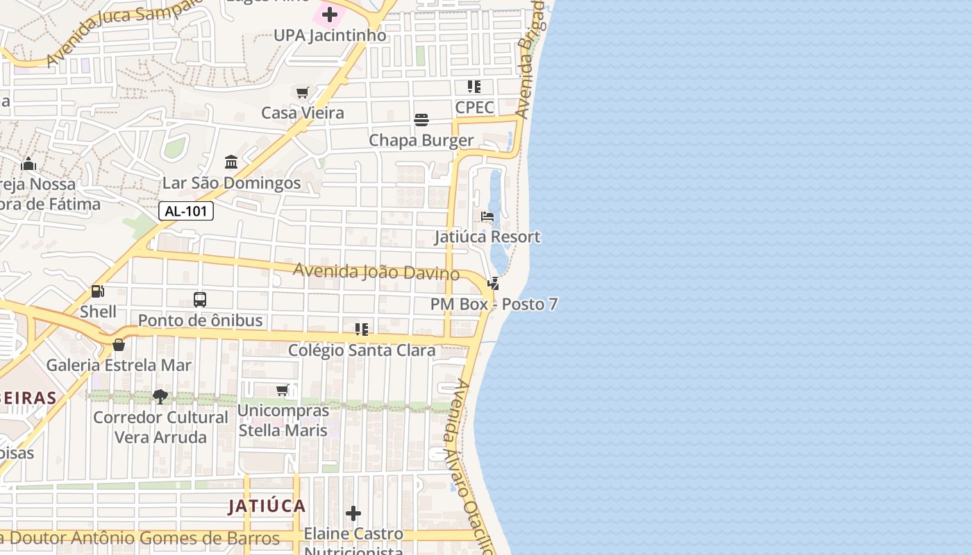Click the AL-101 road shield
point(186,211)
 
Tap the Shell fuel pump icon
point(98,291)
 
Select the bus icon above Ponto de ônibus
point(200,300)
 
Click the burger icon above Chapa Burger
point(421,120)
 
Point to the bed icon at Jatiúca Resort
point(487,217)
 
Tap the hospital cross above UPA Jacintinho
point(330,14)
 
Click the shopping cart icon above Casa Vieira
point(302,92)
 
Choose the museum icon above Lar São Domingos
point(231,162)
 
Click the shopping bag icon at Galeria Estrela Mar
point(119,345)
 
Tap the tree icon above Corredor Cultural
point(160,397)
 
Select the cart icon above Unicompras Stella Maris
point(283,391)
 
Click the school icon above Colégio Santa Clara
point(361,330)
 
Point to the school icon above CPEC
point(474,87)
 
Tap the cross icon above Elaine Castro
point(353,513)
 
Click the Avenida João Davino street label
point(376,271)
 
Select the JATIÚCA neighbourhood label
point(267,506)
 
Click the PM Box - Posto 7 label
point(494,304)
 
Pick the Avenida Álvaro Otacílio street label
point(468,465)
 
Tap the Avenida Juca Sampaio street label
point(125,31)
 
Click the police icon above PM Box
point(493,283)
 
